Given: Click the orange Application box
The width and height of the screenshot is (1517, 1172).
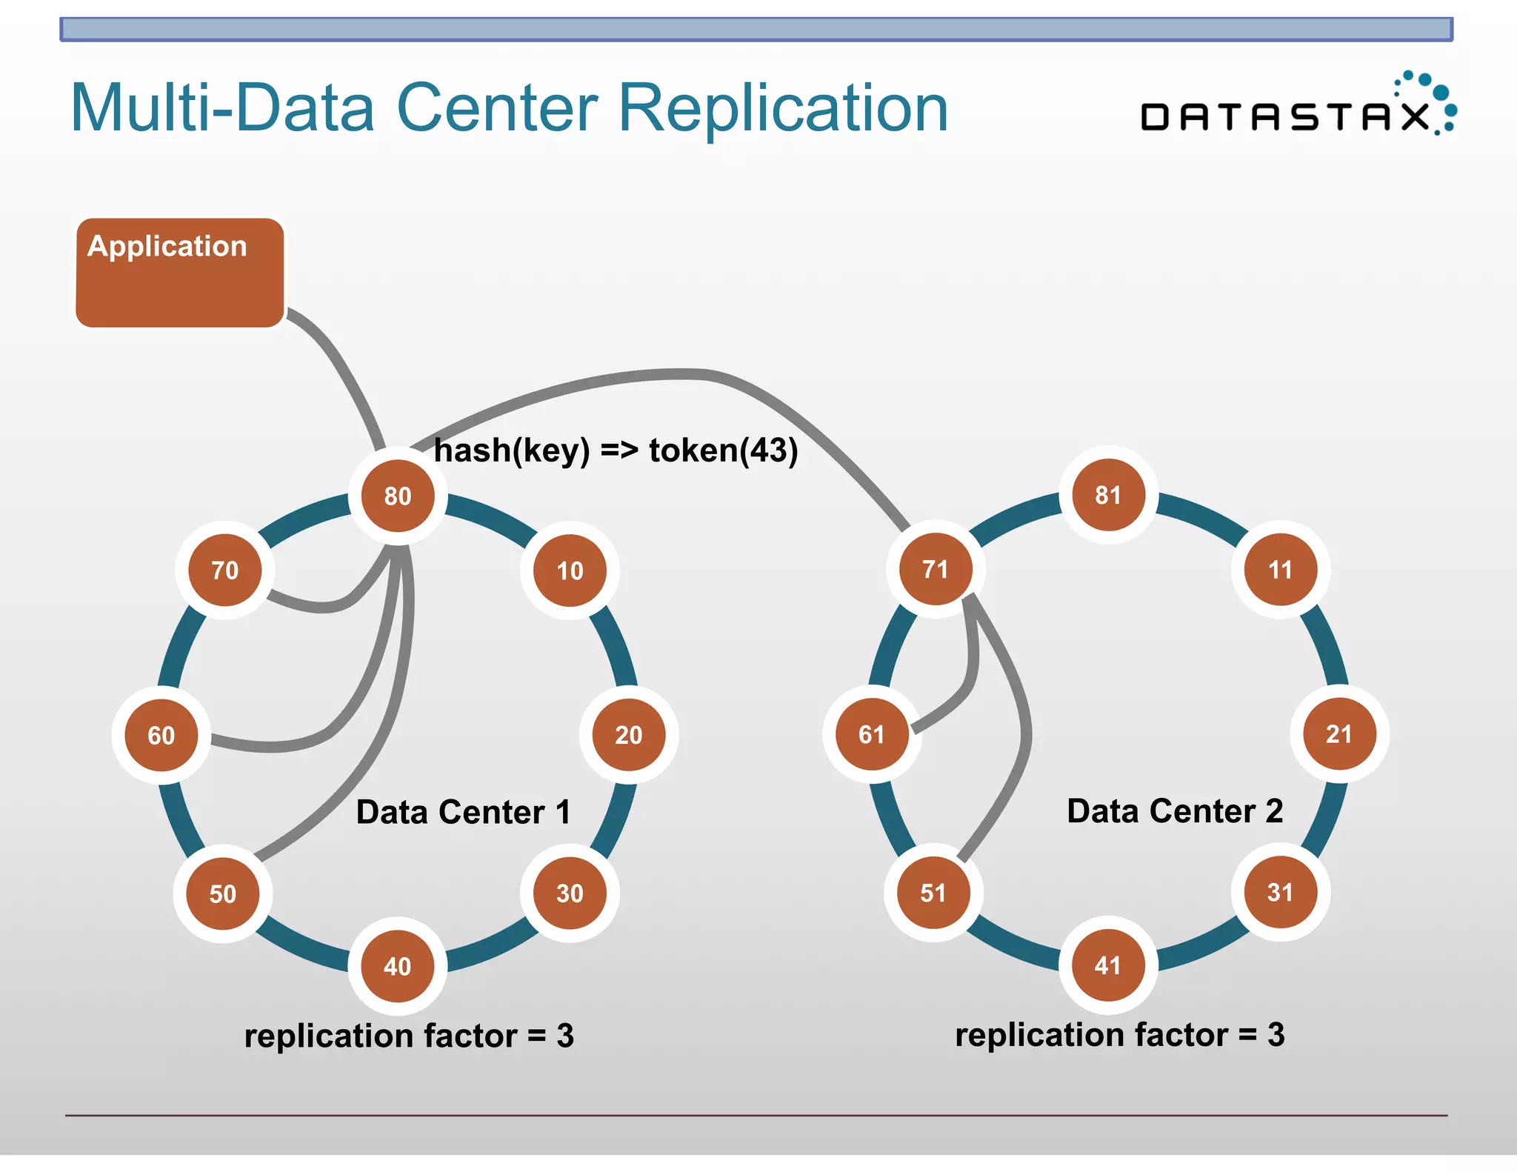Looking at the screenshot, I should click(x=179, y=273).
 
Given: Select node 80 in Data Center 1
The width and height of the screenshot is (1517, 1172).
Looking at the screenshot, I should click(x=398, y=496).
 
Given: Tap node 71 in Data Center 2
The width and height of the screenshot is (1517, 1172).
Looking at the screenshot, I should click(x=935, y=569).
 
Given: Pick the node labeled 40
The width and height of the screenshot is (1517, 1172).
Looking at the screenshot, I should click(x=398, y=966).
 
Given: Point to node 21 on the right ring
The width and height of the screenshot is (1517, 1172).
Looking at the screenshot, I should click(x=1338, y=734).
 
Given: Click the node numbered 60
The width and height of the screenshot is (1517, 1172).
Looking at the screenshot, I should click(x=161, y=735).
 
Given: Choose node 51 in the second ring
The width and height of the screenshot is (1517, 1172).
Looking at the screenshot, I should click(x=933, y=893).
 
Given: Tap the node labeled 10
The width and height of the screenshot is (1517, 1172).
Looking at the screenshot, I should click(x=570, y=570).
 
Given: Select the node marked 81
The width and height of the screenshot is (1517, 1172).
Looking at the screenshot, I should click(x=1108, y=495).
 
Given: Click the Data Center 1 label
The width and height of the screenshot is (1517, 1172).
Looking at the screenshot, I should click(x=463, y=812).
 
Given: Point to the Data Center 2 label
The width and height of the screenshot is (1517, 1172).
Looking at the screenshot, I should click(x=1175, y=810).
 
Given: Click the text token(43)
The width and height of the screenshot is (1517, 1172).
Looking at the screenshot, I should click(x=723, y=450).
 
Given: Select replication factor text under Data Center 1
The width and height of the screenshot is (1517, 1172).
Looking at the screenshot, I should click(x=409, y=1036).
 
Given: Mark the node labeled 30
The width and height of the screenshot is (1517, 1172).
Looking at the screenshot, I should click(x=570, y=893).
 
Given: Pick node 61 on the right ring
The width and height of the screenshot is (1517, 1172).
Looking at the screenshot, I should click(x=872, y=734).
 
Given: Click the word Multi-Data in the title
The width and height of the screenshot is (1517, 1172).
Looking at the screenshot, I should click(x=222, y=108).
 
